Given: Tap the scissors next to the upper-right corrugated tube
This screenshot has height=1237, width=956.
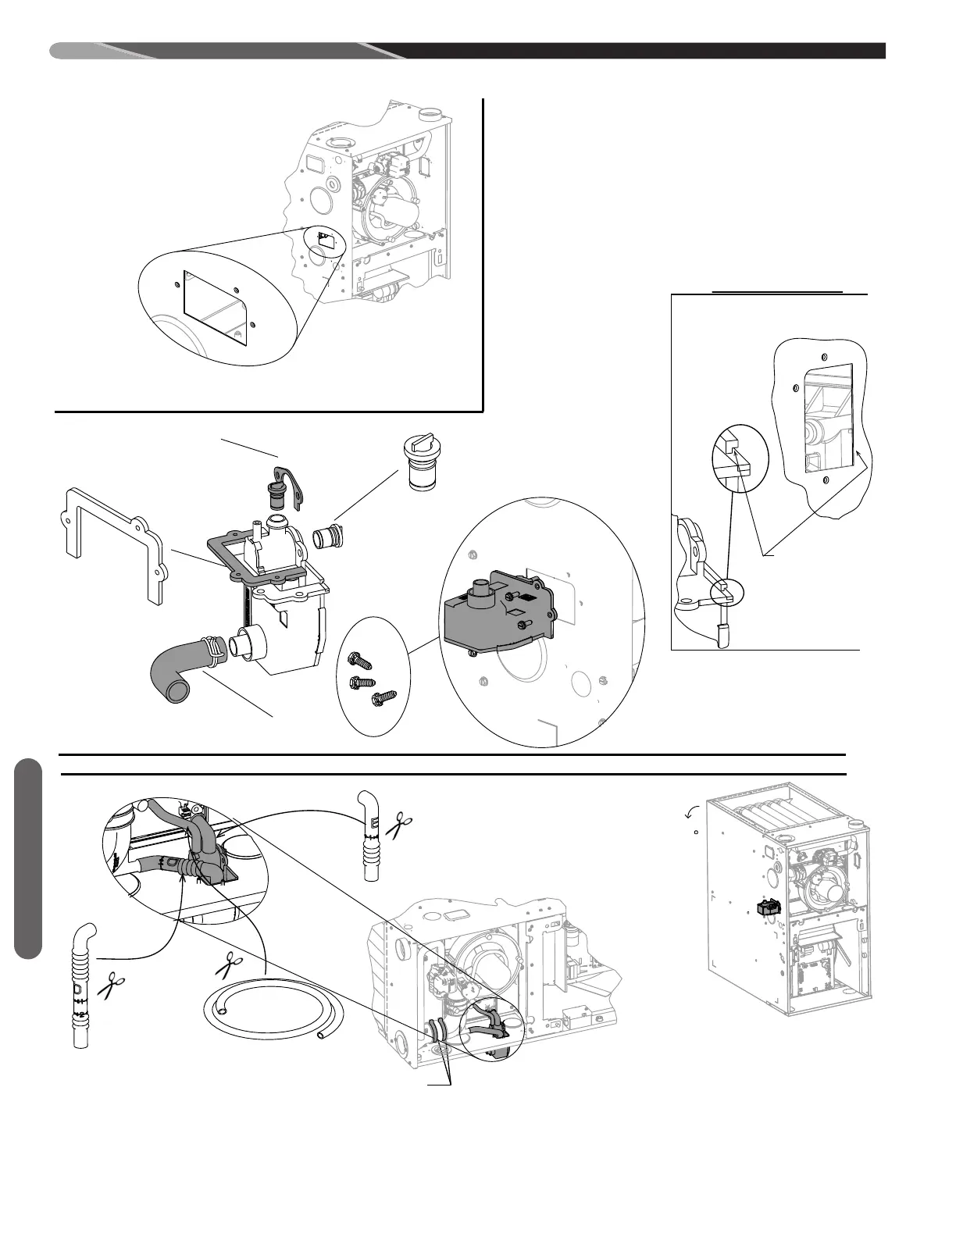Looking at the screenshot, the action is pyautogui.click(x=401, y=825).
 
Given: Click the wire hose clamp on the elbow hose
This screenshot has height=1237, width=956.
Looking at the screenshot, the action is pyautogui.click(x=212, y=651).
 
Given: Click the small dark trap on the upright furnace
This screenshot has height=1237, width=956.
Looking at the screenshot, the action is pyautogui.click(x=769, y=908).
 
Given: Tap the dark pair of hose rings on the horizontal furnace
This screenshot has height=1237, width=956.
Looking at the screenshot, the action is pyautogui.click(x=437, y=1032).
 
